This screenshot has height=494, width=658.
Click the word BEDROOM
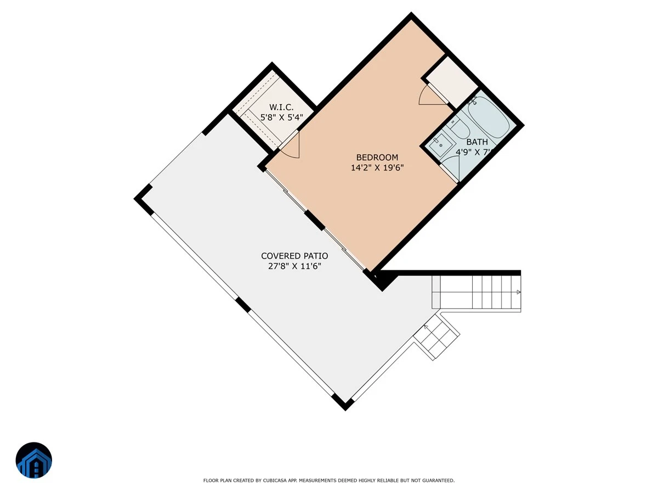(x=377, y=157)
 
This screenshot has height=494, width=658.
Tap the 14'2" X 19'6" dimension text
(x=377, y=167)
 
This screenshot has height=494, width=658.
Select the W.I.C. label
(x=281, y=107)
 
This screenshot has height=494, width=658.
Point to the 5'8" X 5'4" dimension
(x=281, y=117)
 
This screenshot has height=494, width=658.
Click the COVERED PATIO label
(x=294, y=256)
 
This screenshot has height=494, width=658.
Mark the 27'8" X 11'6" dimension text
(x=294, y=266)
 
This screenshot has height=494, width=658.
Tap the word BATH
(x=477, y=142)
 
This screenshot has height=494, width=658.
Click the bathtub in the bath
(x=489, y=117)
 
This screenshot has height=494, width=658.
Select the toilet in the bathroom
(x=458, y=130)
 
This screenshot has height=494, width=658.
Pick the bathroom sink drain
(x=441, y=145)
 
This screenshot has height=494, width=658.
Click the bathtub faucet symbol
(x=473, y=100)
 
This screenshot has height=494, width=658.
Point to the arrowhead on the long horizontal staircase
(x=519, y=292)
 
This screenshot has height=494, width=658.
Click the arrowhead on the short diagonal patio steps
(x=426, y=327)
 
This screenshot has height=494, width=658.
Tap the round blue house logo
(x=34, y=460)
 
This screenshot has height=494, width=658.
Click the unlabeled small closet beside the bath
(x=452, y=82)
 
